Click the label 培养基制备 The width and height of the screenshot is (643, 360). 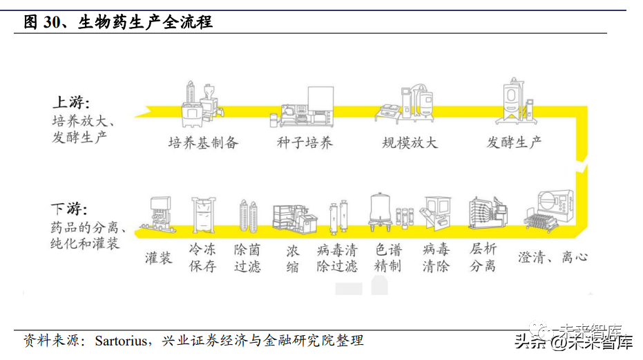click(203, 143)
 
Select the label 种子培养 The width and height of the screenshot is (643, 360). click(305, 143)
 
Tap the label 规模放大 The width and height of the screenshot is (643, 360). click(410, 143)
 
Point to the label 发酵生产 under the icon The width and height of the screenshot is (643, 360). click(514, 142)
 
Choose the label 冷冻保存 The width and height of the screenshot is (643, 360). click(202, 258)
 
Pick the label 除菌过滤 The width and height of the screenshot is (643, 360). click(247, 258)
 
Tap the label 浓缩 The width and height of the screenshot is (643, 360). click(293, 258)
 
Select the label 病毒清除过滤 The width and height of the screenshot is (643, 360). click(337, 258)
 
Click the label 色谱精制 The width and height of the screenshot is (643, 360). click(387, 258)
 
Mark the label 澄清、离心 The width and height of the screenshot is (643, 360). click(553, 257)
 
